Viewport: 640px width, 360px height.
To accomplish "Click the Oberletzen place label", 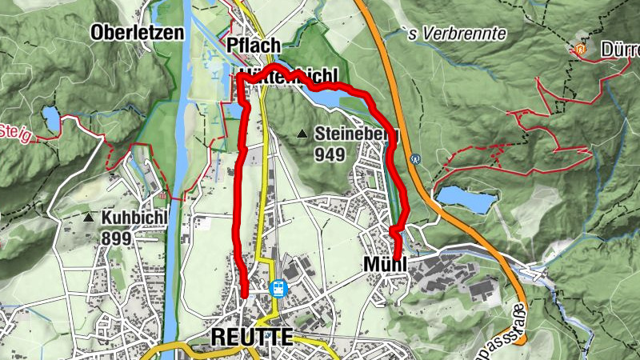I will tap(138, 33).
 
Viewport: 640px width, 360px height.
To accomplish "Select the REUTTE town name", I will tap(251, 337).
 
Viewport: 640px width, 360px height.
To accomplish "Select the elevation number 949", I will tap(330, 153).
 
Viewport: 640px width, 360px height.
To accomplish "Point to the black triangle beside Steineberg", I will tap(302, 134).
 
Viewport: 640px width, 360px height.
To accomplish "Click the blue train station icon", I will tap(278, 288).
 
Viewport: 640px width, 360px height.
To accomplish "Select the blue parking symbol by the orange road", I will tap(415, 158).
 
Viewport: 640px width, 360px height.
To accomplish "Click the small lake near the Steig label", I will tap(51, 121).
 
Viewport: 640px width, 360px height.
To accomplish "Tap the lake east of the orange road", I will tap(466, 198).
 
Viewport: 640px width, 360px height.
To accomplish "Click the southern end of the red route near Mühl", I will tap(398, 256).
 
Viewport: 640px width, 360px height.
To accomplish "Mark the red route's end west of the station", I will tap(244, 295).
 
